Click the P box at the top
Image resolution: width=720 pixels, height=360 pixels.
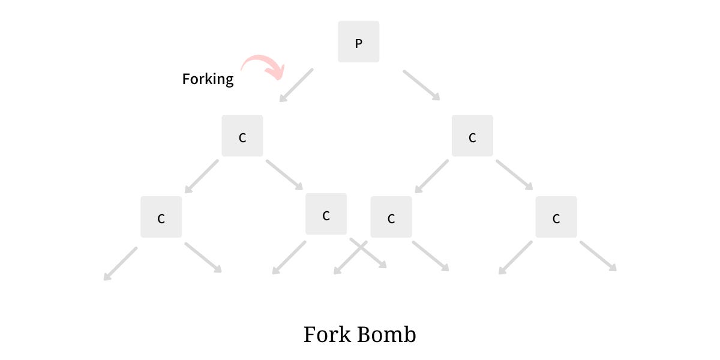[358, 41]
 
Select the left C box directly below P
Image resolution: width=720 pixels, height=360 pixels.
[242, 136]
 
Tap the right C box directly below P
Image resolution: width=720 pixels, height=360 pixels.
[472, 136]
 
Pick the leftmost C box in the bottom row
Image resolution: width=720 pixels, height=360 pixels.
[161, 217]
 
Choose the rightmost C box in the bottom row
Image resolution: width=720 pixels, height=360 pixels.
[556, 217]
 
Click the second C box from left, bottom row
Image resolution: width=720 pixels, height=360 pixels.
[326, 214]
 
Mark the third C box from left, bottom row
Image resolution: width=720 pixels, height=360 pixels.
[391, 217]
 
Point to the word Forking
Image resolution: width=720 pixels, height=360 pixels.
[208, 79]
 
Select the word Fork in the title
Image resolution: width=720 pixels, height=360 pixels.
[328, 334]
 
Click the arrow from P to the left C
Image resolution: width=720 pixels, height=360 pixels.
[296, 85]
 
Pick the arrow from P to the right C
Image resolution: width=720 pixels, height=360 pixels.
[421, 85]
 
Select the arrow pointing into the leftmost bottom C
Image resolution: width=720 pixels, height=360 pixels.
[202, 176]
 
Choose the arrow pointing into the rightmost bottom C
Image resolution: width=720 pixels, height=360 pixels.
[514, 175]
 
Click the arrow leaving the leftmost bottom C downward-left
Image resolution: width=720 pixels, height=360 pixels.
[121, 264]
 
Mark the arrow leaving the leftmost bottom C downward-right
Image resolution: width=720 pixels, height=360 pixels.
[203, 258]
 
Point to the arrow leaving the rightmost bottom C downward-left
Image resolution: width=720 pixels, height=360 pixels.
[515, 258]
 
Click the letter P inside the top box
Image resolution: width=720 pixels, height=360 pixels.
[358, 43]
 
